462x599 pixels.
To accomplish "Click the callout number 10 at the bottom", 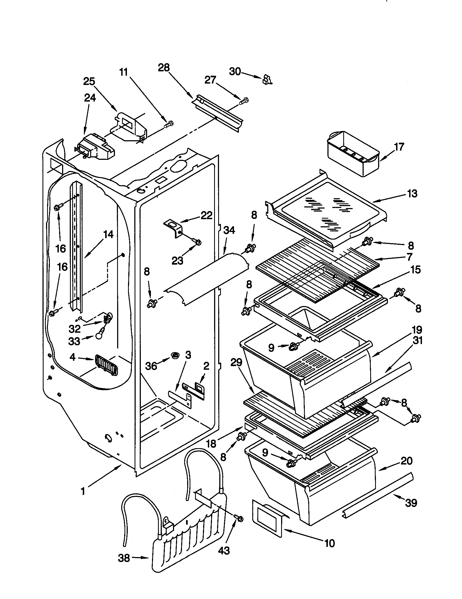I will click(x=329, y=543).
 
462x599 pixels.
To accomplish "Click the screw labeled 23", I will click(x=197, y=242).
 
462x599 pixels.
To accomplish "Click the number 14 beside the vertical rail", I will click(x=108, y=234).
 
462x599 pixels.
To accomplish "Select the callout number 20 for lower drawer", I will click(x=406, y=460).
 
